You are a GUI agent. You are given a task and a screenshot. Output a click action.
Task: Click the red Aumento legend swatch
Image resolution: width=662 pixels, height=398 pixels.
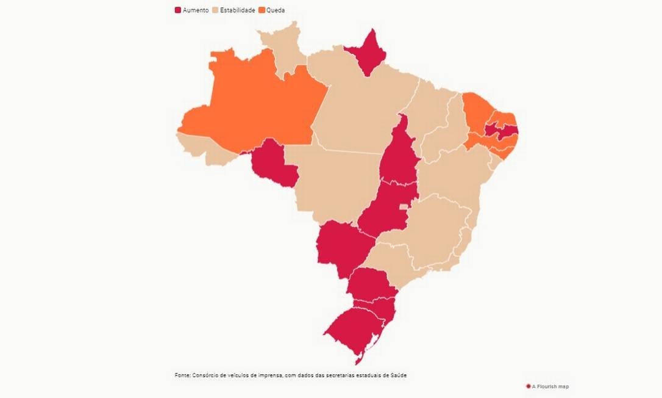[178, 10]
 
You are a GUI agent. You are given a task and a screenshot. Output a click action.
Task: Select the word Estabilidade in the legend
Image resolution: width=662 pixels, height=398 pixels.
[237, 10]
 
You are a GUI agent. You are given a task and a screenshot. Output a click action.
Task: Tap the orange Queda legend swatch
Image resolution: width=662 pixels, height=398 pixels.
[262, 10]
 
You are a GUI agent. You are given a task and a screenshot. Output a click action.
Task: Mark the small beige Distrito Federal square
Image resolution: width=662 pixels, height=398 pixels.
[403, 208]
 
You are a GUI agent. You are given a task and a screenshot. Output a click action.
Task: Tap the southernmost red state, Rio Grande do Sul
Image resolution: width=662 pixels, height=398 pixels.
[354, 333]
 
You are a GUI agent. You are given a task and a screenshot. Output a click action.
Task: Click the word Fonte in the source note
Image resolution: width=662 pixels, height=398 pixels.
[182, 375]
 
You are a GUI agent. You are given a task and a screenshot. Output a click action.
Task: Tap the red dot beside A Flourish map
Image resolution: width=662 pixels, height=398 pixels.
[528, 386]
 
